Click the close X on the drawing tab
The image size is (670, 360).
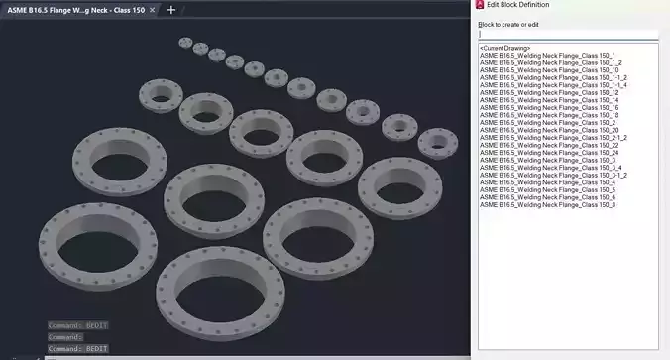coord(152,10)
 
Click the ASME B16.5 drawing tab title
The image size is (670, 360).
coord(75,10)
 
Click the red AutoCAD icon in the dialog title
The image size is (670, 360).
coord(480,5)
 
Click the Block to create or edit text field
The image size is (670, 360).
coord(568,34)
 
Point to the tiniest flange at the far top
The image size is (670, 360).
coord(185,43)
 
